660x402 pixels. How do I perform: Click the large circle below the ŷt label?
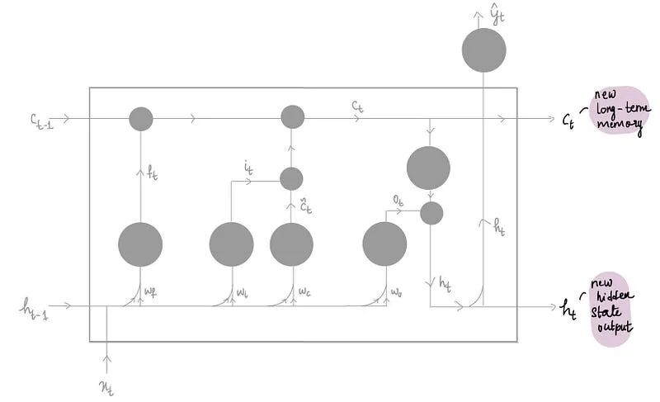(484, 50)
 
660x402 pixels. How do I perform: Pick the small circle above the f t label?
(141, 119)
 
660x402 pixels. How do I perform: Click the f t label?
(152, 174)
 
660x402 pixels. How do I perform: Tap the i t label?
(248, 169)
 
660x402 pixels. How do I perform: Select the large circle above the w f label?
(140, 244)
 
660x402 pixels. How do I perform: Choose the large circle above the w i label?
(231, 244)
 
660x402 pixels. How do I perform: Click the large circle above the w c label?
(292, 244)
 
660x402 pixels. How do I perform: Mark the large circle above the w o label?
(384, 244)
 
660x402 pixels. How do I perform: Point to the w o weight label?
(397, 291)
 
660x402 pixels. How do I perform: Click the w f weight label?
(151, 291)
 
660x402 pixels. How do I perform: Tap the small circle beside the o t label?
(431, 213)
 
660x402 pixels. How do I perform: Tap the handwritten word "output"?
(612, 328)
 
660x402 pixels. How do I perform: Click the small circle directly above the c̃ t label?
(292, 178)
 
